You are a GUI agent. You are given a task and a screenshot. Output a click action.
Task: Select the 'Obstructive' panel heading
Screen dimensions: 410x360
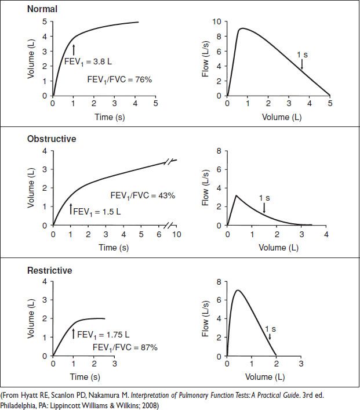pyautogui.click(x=52, y=139)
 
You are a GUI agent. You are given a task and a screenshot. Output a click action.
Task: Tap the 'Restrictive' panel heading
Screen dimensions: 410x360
pyautogui.click(x=50, y=270)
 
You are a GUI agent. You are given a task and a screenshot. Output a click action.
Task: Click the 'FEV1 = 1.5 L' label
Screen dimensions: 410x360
pyautogui.click(x=97, y=212)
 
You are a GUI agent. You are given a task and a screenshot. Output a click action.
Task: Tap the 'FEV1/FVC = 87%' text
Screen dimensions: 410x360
pyautogui.click(x=125, y=347)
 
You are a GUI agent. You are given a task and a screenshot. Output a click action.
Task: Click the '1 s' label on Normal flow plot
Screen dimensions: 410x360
pyautogui.click(x=301, y=56)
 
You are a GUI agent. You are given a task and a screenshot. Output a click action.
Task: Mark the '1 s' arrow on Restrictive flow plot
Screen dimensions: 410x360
pyautogui.click(x=270, y=336)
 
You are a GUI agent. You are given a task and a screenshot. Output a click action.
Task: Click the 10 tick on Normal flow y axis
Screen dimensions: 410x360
pyautogui.click(x=217, y=22)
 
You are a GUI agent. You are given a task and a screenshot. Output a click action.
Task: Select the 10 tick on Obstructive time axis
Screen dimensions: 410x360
pyautogui.click(x=176, y=234)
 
